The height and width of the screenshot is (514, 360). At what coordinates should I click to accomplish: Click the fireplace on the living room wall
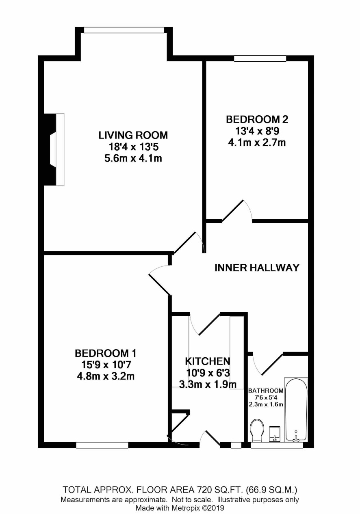(54, 149)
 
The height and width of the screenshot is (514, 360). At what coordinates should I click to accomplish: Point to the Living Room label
(133, 135)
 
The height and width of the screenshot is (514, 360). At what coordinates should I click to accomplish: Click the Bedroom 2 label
(257, 119)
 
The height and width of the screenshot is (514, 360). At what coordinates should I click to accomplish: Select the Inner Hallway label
(257, 268)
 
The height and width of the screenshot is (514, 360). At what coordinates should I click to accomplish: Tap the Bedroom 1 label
(106, 353)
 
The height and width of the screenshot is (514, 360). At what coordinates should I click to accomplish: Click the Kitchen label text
(208, 361)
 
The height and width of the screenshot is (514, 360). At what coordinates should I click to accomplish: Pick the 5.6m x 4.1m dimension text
(133, 158)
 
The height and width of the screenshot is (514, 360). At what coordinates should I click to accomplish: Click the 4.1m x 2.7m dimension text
(257, 143)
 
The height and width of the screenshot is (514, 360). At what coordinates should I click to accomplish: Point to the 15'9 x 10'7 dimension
(106, 365)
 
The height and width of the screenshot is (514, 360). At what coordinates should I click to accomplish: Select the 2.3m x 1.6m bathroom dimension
(266, 404)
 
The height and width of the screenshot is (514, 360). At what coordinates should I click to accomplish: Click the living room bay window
(124, 30)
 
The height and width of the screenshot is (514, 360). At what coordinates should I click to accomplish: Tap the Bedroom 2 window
(260, 58)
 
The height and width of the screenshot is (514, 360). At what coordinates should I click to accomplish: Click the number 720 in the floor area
(203, 489)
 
